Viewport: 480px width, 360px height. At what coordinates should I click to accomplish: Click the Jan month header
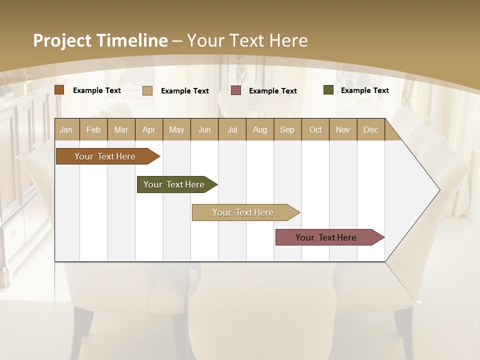66,129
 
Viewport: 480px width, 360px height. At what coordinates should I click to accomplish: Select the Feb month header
93,129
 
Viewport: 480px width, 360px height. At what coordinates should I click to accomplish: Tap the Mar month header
121,129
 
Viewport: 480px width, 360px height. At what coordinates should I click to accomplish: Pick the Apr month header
149,129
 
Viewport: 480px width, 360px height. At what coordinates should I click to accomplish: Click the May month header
176,129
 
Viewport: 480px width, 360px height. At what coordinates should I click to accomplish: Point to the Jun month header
204,129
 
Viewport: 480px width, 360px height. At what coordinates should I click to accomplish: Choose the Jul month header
232,129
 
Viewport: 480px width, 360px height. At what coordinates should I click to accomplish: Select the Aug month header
260,129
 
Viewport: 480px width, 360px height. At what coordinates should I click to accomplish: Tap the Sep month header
287,129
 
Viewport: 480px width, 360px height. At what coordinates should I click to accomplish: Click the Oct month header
315,129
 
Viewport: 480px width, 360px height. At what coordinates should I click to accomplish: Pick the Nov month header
343,129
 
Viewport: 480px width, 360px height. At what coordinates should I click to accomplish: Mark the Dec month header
371,129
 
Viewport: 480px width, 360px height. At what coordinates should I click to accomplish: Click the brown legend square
59,90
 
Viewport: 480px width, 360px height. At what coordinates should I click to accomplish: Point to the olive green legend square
328,90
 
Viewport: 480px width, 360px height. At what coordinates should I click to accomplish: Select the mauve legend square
236,90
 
